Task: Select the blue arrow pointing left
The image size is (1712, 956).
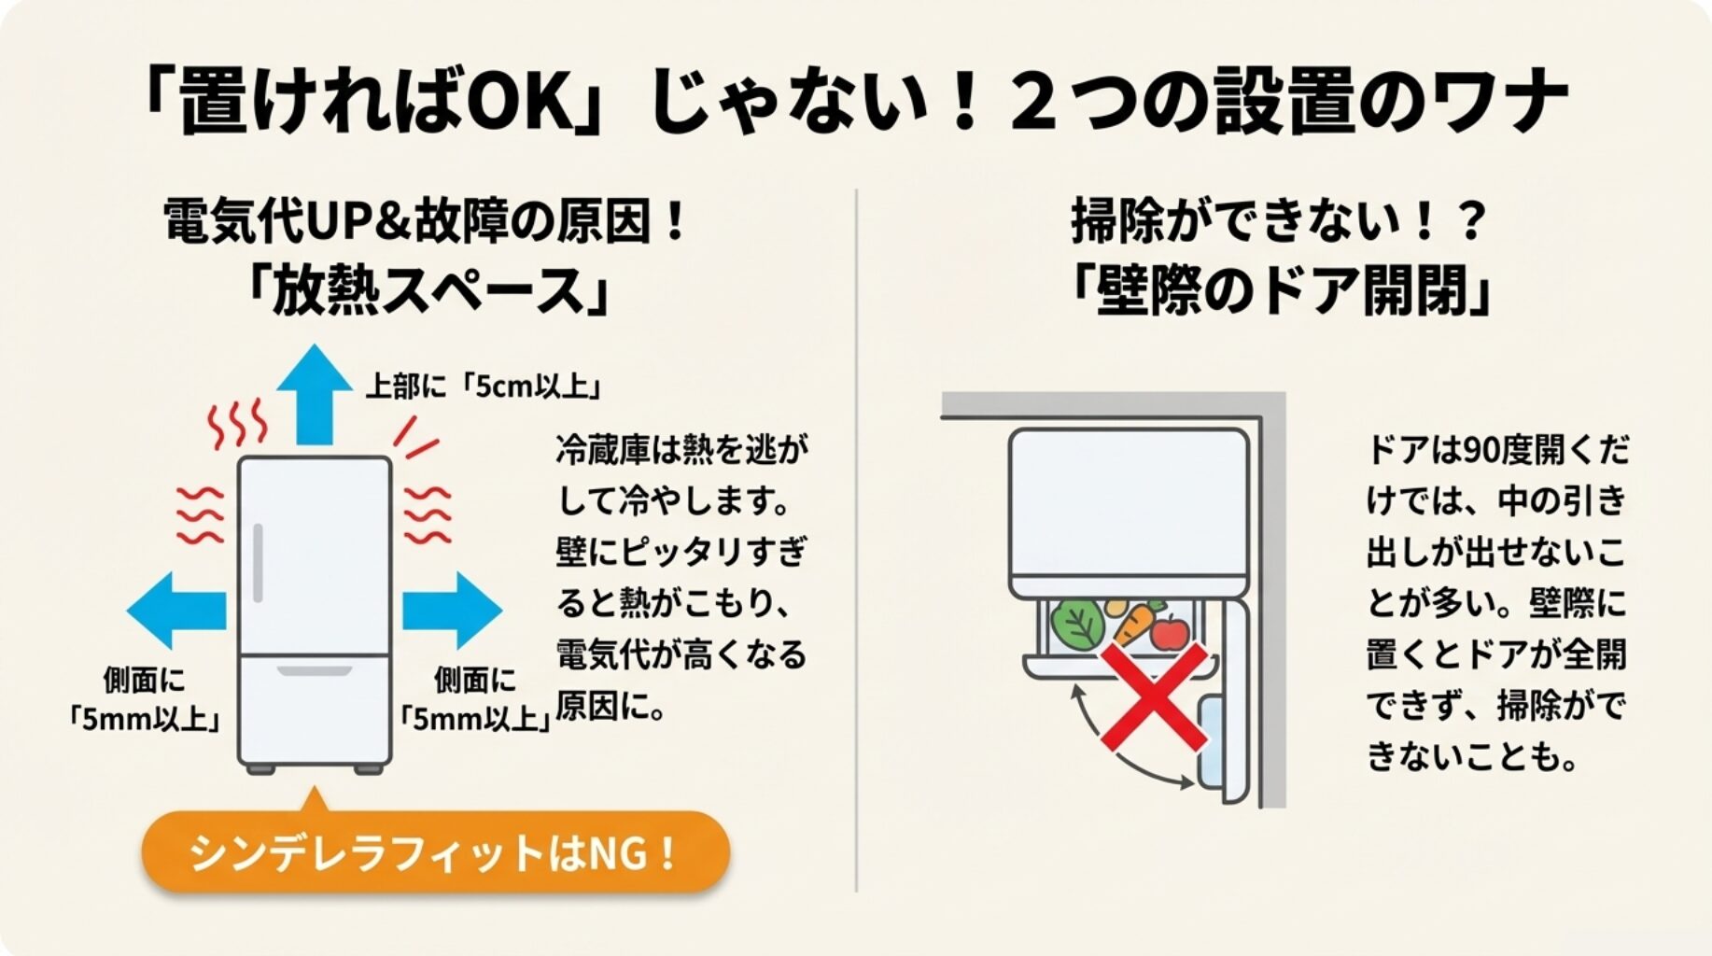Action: coord(176,611)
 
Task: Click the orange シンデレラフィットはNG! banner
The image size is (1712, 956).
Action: coord(435,852)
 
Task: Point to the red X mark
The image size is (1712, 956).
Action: coord(1154,696)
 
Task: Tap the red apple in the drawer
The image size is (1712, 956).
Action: coord(1169,632)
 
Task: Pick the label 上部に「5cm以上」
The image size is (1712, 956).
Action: coord(482,387)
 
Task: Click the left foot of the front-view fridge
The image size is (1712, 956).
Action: coord(260,769)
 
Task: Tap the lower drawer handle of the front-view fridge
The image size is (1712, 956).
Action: coord(315,670)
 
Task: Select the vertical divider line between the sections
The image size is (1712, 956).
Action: coord(856,541)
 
